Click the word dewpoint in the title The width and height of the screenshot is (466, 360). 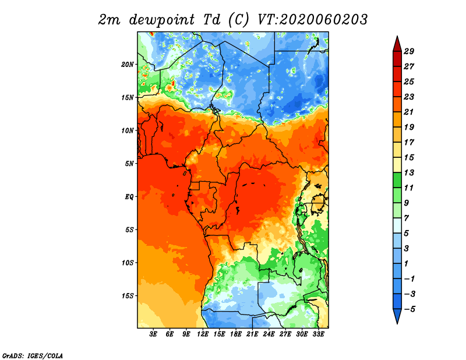(x=162, y=20)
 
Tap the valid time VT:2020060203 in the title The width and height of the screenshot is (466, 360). (x=313, y=20)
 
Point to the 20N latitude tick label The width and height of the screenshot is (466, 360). (x=128, y=65)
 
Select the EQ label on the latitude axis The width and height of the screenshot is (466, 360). (x=129, y=197)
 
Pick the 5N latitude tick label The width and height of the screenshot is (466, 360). (x=129, y=164)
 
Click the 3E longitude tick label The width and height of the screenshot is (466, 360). (x=153, y=334)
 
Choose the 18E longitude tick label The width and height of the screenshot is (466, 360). (x=236, y=334)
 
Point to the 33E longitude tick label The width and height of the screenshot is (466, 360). (x=318, y=334)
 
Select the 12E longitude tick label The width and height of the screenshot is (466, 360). (x=203, y=334)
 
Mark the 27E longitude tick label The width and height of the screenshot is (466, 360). (x=285, y=334)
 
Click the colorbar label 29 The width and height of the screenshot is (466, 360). (x=409, y=51)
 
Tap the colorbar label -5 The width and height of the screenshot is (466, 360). (x=409, y=309)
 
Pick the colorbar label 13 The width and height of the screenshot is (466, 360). (x=409, y=172)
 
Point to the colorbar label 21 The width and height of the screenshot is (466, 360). (x=409, y=112)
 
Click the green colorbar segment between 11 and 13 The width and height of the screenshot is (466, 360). (x=397, y=180)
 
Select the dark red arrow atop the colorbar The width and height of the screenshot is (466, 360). (x=397, y=45)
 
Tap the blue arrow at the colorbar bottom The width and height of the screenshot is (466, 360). (x=397, y=316)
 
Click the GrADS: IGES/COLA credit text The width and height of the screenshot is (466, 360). (x=33, y=356)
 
